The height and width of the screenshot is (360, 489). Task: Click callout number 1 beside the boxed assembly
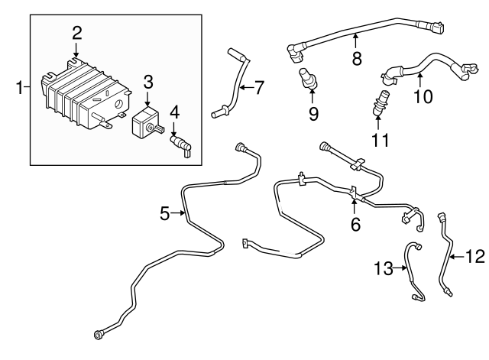tap(19, 89)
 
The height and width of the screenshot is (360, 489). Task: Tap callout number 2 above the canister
tap(76, 32)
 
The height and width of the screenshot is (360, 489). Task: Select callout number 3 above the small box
tap(147, 80)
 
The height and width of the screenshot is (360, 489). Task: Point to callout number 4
tap(174, 112)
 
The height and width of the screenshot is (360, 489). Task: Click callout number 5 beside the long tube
tap(165, 214)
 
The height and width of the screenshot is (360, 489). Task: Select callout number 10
tap(423, 96)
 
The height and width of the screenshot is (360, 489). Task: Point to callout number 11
tap(379, 141)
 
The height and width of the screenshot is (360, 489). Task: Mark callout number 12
tap(474, 257)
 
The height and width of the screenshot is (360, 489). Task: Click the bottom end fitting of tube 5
tap(99, 333)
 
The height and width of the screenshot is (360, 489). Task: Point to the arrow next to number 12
tap(457, 257)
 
